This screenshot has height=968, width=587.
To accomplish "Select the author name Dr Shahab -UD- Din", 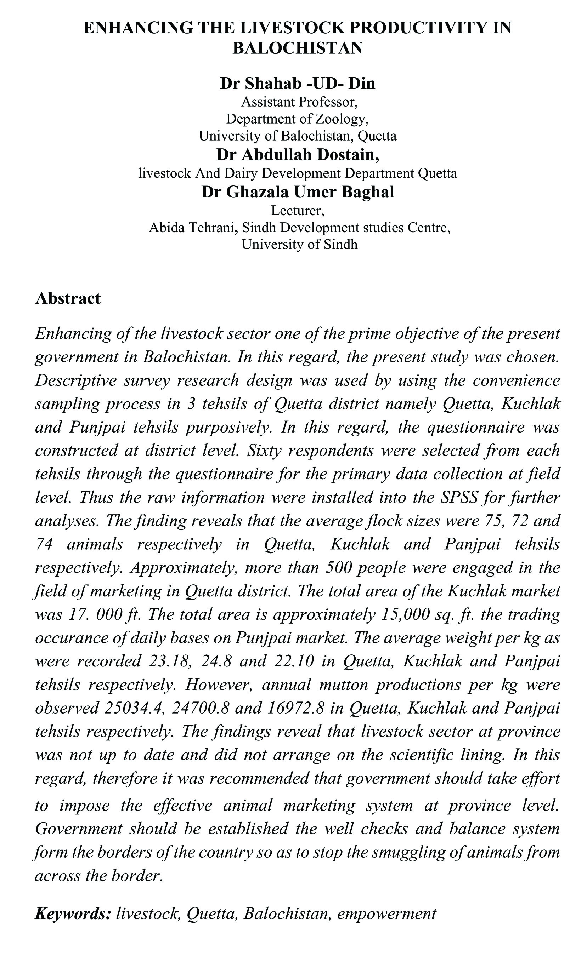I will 297,83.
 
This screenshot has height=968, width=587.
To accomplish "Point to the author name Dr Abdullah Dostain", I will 298,155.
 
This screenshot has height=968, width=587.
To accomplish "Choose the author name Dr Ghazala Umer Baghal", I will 298,192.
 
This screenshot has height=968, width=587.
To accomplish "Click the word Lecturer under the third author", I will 298,211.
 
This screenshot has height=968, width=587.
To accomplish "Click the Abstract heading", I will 68,298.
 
